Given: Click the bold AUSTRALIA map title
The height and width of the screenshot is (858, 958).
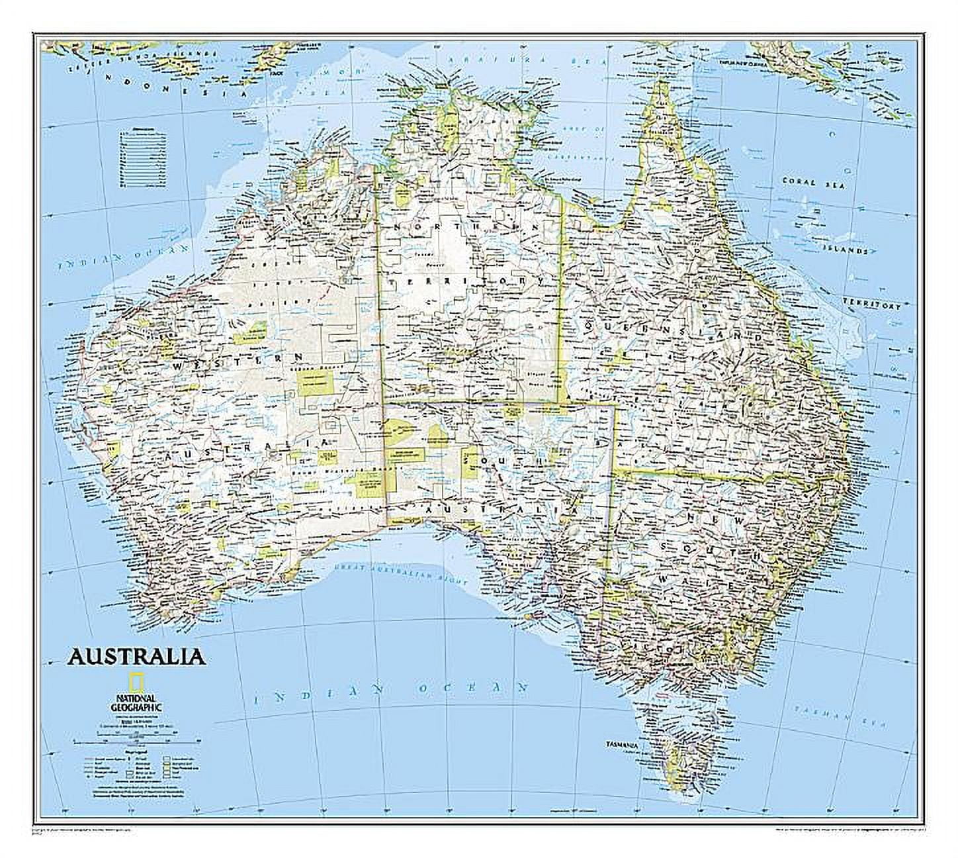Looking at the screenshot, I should click(134, 657).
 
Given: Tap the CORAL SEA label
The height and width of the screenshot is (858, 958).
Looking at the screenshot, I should click(813, 183).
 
